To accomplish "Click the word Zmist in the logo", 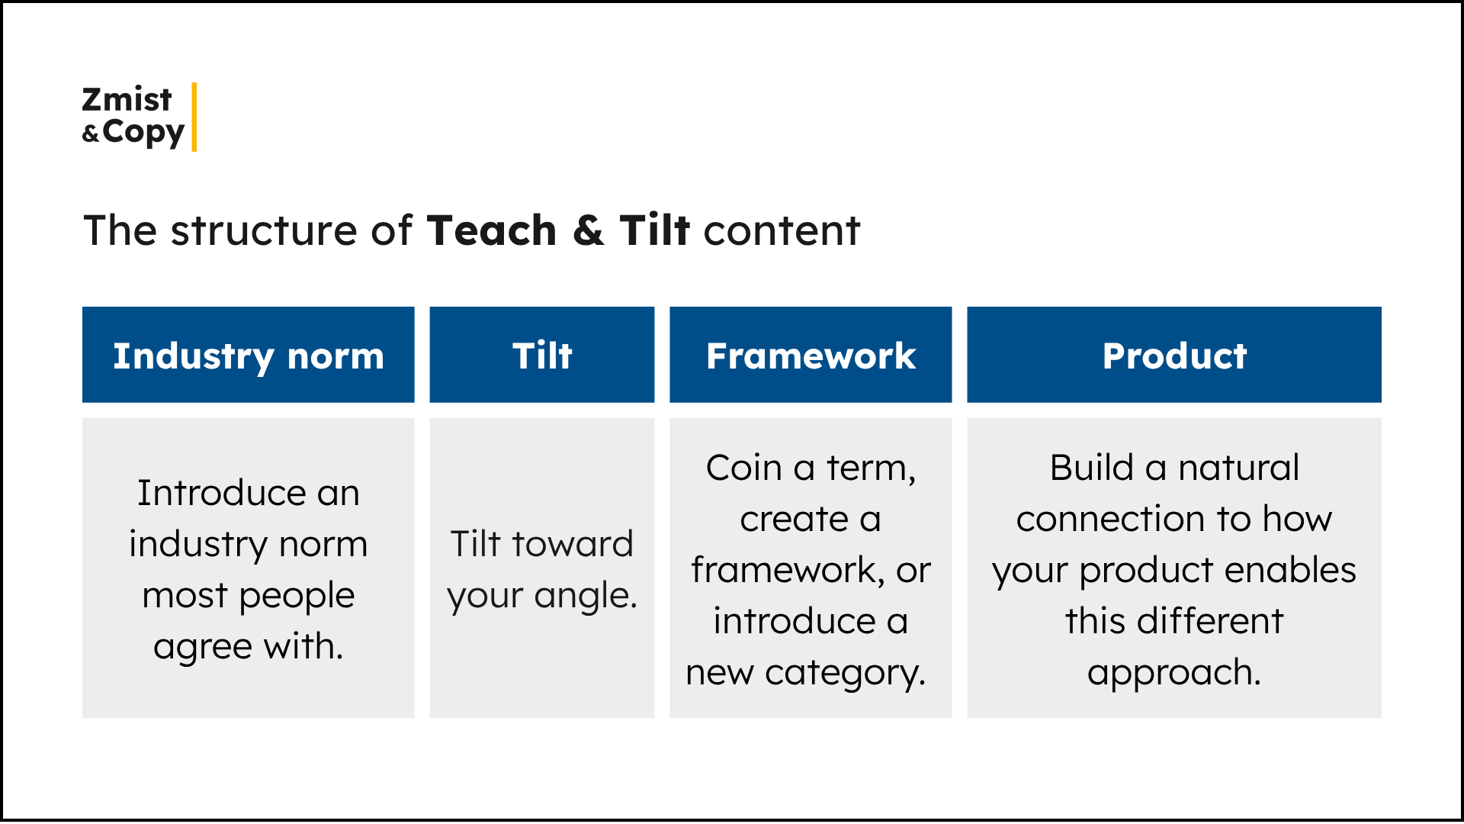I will pos(127,100).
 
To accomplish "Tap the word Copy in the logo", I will pos(143,133).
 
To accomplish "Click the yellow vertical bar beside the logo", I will pos(194,117).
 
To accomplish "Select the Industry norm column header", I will pos(248,356).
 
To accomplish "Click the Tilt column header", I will pos(541,356).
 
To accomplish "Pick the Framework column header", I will pos(811,356).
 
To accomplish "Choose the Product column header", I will pos(1173,356).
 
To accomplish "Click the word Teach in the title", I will pos(492,230).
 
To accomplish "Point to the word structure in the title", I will pos(263,230).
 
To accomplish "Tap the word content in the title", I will pos(782,230).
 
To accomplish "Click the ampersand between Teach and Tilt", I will pos(588,230).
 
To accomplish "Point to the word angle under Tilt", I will pos(583,596).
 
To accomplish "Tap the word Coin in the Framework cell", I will pos(743,468).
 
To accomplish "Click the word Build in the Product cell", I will pos(1091,468).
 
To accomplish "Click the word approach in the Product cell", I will pos(1170,673).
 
